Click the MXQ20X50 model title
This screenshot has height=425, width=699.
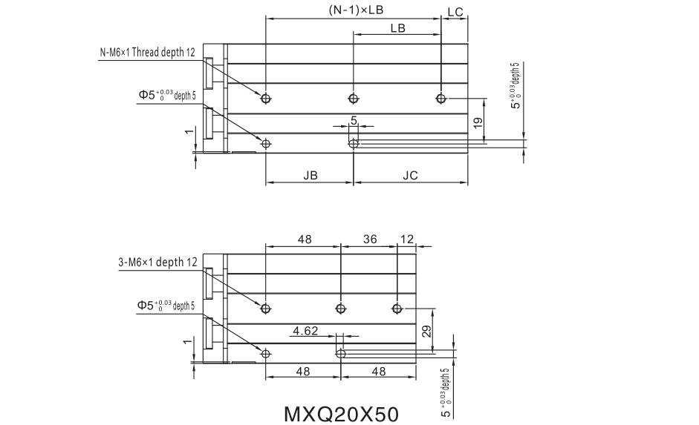pyautogui.click(x=341, y=415)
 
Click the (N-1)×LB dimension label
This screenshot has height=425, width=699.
pyautogui.click(x=356, y=10)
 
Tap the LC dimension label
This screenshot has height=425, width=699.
pyautogui.click(x=455, y=12)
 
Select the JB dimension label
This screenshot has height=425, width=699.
pyautogui.click(x=311, y=175)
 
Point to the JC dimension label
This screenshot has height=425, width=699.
pyautogui.click(x=410, y=175)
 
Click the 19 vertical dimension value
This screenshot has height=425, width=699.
pyautogui.click(x=478, y=123)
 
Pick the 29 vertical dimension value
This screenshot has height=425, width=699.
pyautogui.click(x=426, y=331)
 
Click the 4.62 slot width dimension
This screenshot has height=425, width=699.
pyautogui.click(x=305, y=331)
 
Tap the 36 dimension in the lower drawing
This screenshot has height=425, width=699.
pyautogui.click(x=370, y=240)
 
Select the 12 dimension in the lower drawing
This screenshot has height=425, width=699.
pyautogui.click(x=406, y=240)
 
